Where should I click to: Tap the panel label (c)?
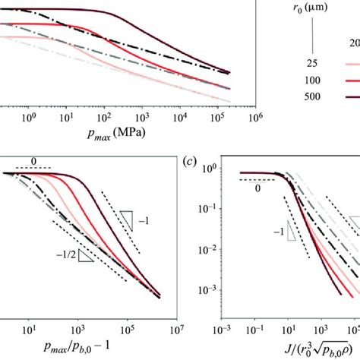192,162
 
